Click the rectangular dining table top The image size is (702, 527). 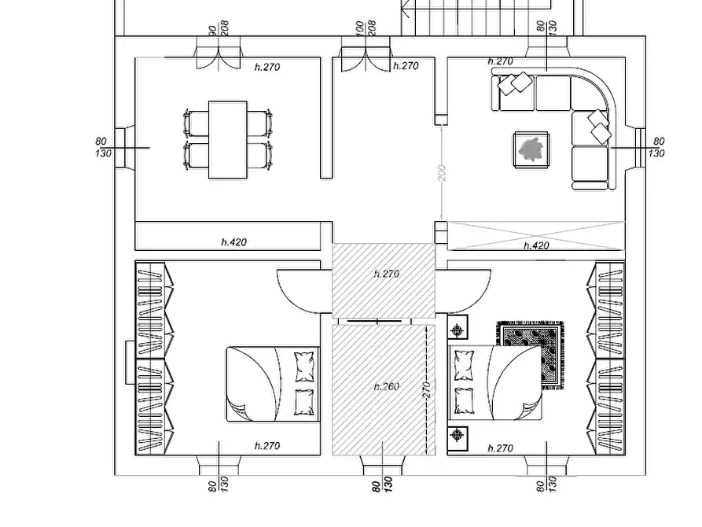click(228, 139)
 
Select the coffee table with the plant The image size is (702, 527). click(531, 149)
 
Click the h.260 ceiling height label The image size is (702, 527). click(386, 386)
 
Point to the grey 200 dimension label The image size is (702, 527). click(442, 173)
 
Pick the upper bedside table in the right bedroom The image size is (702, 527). click(458, 330)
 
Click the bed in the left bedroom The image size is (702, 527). click(273, 384)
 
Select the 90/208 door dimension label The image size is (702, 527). click(219, 28)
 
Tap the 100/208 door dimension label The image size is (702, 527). click(366, 28)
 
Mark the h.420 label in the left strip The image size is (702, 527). click(233, 242)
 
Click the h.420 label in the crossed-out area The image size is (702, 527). click(536, 245)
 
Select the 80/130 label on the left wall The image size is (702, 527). click(104, 147)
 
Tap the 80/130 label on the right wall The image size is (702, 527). click(656, 147)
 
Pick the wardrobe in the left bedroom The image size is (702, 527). click(154, 358)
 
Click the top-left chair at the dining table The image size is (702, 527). click(196, 123)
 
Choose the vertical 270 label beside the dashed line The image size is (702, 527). click(428, 389)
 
